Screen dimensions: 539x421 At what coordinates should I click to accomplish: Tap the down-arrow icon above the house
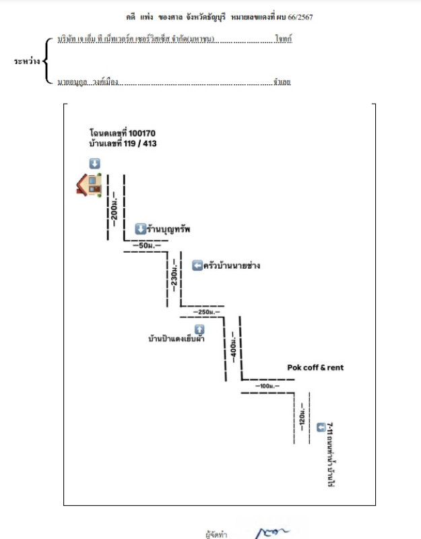pyautogui.click(x=95, y=163)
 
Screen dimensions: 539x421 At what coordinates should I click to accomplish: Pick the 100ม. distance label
pyautogui.click(x=267, y=386)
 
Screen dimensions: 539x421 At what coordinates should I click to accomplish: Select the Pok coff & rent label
pyautogui.click(x=315, y=368)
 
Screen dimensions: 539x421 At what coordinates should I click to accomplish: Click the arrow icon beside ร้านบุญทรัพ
pyautogui.click(x=140, y=228)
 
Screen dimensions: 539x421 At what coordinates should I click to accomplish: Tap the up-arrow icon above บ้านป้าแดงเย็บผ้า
pyautogui.click(x=199, y=329)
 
